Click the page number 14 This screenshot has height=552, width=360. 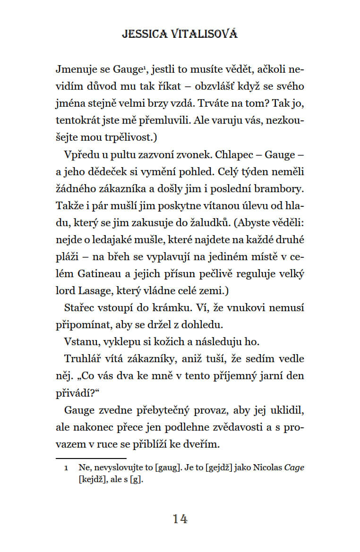(180, 519)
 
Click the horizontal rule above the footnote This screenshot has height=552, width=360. (91, 458)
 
